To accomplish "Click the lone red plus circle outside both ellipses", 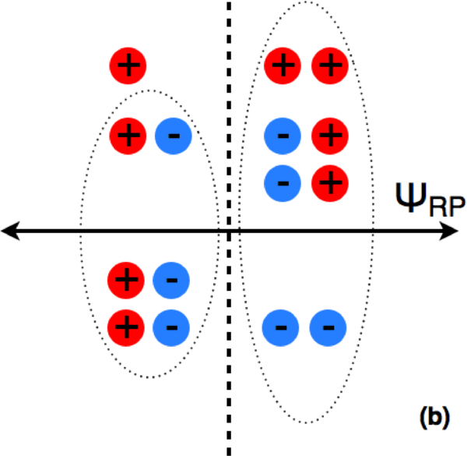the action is (x=128, y=65).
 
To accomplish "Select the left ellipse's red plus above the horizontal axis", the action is (x=128, y=136).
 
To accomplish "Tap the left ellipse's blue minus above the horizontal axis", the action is (x=174, y=136).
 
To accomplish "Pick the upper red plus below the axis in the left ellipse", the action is (x=126, y=281).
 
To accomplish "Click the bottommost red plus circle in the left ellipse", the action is (x=126, y=327).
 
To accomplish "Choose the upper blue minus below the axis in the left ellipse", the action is (x=171, y=281).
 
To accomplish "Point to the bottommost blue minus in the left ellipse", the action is (x=171, y=327).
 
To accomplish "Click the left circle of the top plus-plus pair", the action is (x=283, y=65).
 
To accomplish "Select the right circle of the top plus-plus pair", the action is (x=330, y=65).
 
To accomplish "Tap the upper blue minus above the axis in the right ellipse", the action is (x=283, y=136).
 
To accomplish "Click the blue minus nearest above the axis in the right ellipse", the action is (x=283, y=183).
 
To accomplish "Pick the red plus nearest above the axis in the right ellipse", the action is (x=330, y=183).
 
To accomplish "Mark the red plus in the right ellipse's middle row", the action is (x=330, y=136).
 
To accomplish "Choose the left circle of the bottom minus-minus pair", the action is (x=280, y=327).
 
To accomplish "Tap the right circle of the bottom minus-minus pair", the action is (x=328, y=327).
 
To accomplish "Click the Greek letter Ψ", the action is (x=411, y=197).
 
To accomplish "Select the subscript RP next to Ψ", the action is (x=447, y=207).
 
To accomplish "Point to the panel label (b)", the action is (x=434, y=418).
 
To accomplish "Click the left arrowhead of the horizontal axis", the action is (x=10, y=231).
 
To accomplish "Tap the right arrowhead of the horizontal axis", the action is (x=449, y=231).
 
